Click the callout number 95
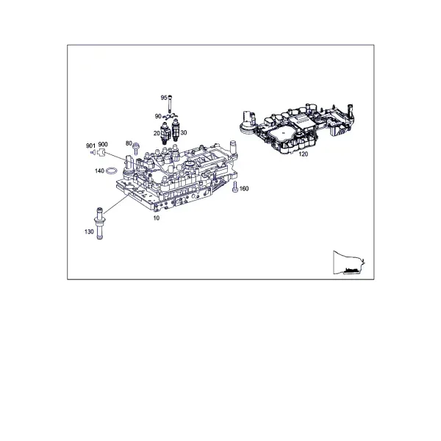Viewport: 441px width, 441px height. pos(164,98)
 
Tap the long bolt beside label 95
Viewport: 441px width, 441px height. pos(170,104)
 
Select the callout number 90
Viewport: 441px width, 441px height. pos(158,116)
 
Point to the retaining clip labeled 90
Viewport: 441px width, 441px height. pos(170,116)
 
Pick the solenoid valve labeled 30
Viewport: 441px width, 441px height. pos(176,130)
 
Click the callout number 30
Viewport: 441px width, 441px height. pos(183,132)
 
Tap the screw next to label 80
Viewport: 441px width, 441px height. pos(136,148)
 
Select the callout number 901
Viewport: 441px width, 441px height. pos(90,146)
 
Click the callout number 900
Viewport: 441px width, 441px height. pos(103,144)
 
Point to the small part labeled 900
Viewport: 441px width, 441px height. pos(101,152)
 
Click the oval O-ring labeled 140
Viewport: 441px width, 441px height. pos(112,171)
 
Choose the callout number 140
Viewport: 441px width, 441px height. pos(99,171)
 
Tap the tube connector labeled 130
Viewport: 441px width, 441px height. pos(99,223)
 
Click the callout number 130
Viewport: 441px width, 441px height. pos(89,232)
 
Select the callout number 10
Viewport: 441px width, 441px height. pos(156,218)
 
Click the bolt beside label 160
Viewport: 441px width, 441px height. pos(235,187)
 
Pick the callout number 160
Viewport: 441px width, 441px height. pos(244,188)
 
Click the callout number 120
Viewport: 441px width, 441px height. pos(303,154)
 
